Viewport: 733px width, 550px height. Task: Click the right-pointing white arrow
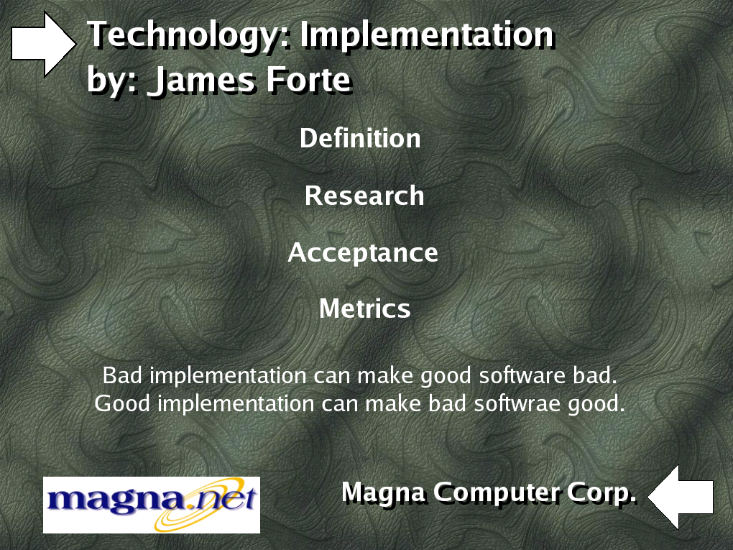tap(43, 44)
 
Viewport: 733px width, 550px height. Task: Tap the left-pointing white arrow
tap(681, 497)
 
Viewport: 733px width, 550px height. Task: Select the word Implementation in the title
tap(427, 35)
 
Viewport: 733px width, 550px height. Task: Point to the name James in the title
tap(201, 80)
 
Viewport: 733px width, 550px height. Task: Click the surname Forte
tap(308, 80)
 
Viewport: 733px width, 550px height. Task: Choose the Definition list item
tap(360, 139)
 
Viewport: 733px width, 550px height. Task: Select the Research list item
tap(364, 196)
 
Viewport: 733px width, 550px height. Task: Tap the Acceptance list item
tap(363, 254)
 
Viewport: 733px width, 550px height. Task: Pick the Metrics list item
tap(364, 309)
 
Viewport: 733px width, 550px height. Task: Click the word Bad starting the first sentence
tap(122, 375)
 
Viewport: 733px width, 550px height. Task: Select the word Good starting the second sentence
tap(122, 403)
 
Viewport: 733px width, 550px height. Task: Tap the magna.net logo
tap(152, 505)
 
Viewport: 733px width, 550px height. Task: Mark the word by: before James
tap(113, 81)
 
